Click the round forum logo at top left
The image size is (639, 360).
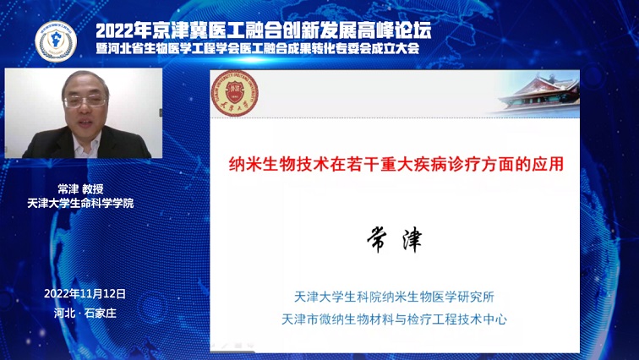[x=56, y=41]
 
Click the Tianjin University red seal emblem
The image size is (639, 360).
[x=235, y=93]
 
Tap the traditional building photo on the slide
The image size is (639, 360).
[x=538, y=94]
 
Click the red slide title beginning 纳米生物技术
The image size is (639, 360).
[x=396, y=164]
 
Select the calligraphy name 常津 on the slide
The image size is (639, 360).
[x=395, y=239]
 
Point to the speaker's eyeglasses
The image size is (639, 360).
[x=85, y=101]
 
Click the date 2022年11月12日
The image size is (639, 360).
[x=85, y=293]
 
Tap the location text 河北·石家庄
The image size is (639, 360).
[x=85, y=313]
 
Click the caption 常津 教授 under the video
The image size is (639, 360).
[x=80, y=189]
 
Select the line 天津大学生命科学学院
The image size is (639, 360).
[x=80, y=203]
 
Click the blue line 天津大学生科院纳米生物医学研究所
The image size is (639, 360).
[x=394, y=297]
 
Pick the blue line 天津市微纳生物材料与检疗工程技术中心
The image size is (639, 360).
[x=394, y=319]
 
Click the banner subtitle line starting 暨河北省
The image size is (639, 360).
[x=258, y=48]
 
